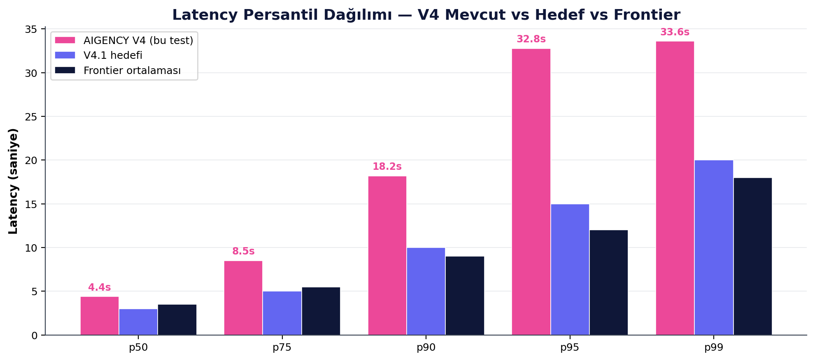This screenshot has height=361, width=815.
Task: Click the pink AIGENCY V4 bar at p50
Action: tap(100, 316)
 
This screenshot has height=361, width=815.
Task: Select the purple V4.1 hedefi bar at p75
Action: tap(282, 313)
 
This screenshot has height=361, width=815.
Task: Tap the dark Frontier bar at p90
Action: tap(465, 296)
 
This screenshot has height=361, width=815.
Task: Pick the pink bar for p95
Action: tap(531, 192)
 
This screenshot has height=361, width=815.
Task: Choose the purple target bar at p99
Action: tap(714, 248)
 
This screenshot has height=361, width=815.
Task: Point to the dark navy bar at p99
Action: tap(752, 256)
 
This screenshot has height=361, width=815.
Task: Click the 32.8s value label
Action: tap(531, 39)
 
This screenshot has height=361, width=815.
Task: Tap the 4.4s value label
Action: tap(100, 288)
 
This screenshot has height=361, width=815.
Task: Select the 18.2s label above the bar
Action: tap(387, 167)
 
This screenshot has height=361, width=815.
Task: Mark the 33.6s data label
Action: tap(675, 32)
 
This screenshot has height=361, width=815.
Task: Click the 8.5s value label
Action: tap(243, 252)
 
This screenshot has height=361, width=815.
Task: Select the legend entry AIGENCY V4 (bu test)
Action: tap(138, 40)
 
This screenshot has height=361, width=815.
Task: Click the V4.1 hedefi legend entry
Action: tap(112, 56)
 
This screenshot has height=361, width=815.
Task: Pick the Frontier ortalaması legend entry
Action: tap(132, 71)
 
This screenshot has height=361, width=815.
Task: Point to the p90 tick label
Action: tap(426, 347)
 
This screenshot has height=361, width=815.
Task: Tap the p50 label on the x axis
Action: tap(138, 347)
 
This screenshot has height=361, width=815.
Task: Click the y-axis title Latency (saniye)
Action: tap(13, 181)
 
